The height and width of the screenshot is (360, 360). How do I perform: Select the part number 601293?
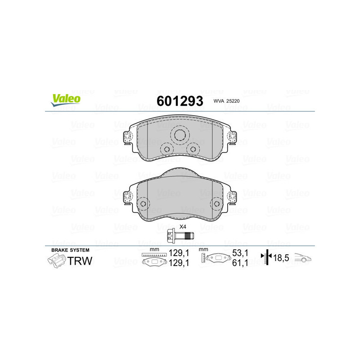[x=180, y=101]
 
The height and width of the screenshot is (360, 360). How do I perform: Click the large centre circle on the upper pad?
[x=180, y=135]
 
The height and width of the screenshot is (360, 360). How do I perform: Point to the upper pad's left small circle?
[x=166, y=149]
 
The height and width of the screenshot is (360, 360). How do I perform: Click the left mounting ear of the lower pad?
[x=127, y=196]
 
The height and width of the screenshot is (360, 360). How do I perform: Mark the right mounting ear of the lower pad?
[x=233, y=196]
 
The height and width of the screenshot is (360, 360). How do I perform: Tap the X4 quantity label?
[x=183, y=226]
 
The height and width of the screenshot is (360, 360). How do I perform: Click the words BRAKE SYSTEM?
[x=70, y=250]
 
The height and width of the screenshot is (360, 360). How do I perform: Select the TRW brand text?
[x=80, y=261]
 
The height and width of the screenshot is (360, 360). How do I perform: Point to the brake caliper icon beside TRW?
[x=56, y=261]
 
